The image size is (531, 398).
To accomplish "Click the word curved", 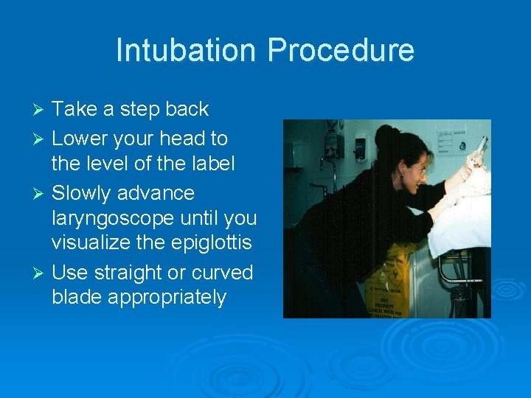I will coord(222,273).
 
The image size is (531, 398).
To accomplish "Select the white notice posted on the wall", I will coord(451,140).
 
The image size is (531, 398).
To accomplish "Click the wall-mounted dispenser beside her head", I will coord(361,145).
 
